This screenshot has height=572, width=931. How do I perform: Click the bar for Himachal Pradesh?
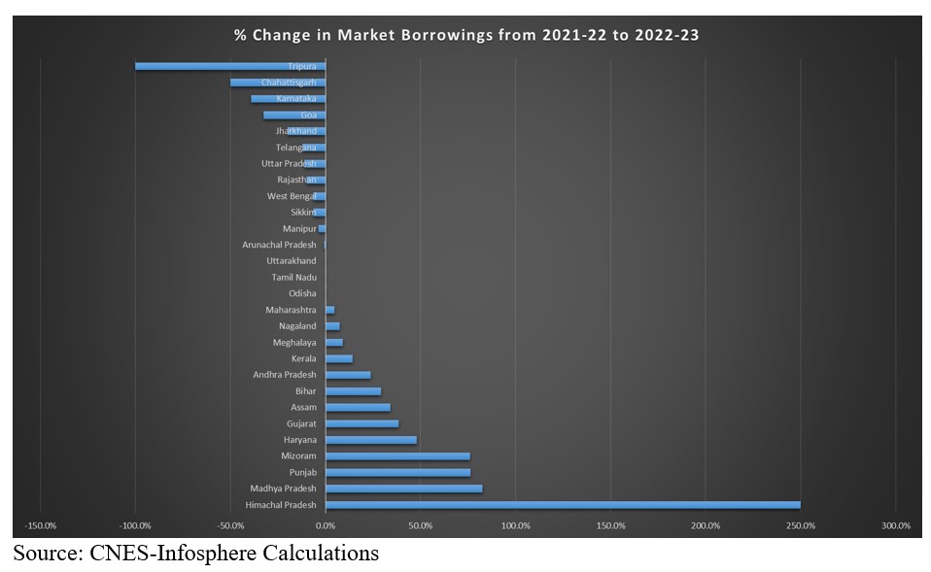563,505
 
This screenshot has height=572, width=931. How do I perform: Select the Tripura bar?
229,66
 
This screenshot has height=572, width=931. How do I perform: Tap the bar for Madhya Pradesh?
403,488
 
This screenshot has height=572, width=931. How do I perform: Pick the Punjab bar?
397,473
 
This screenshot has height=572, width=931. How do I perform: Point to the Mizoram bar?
397,456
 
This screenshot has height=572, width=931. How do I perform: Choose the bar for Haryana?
371,440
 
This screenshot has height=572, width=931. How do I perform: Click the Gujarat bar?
362,423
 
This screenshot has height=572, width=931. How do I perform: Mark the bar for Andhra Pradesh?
348,375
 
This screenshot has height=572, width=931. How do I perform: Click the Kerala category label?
303,358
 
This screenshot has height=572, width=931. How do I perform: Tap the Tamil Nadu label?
293,277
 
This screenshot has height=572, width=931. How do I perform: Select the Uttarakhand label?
291,260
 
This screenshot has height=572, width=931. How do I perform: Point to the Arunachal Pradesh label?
279,245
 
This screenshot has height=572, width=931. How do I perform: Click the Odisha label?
301,293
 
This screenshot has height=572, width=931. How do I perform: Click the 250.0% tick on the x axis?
801,525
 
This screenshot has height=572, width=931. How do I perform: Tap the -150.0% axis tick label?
41,525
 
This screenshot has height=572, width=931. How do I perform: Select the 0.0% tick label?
326,525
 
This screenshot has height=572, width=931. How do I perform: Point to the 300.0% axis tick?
895,525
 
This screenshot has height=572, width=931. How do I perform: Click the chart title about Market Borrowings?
465,35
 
